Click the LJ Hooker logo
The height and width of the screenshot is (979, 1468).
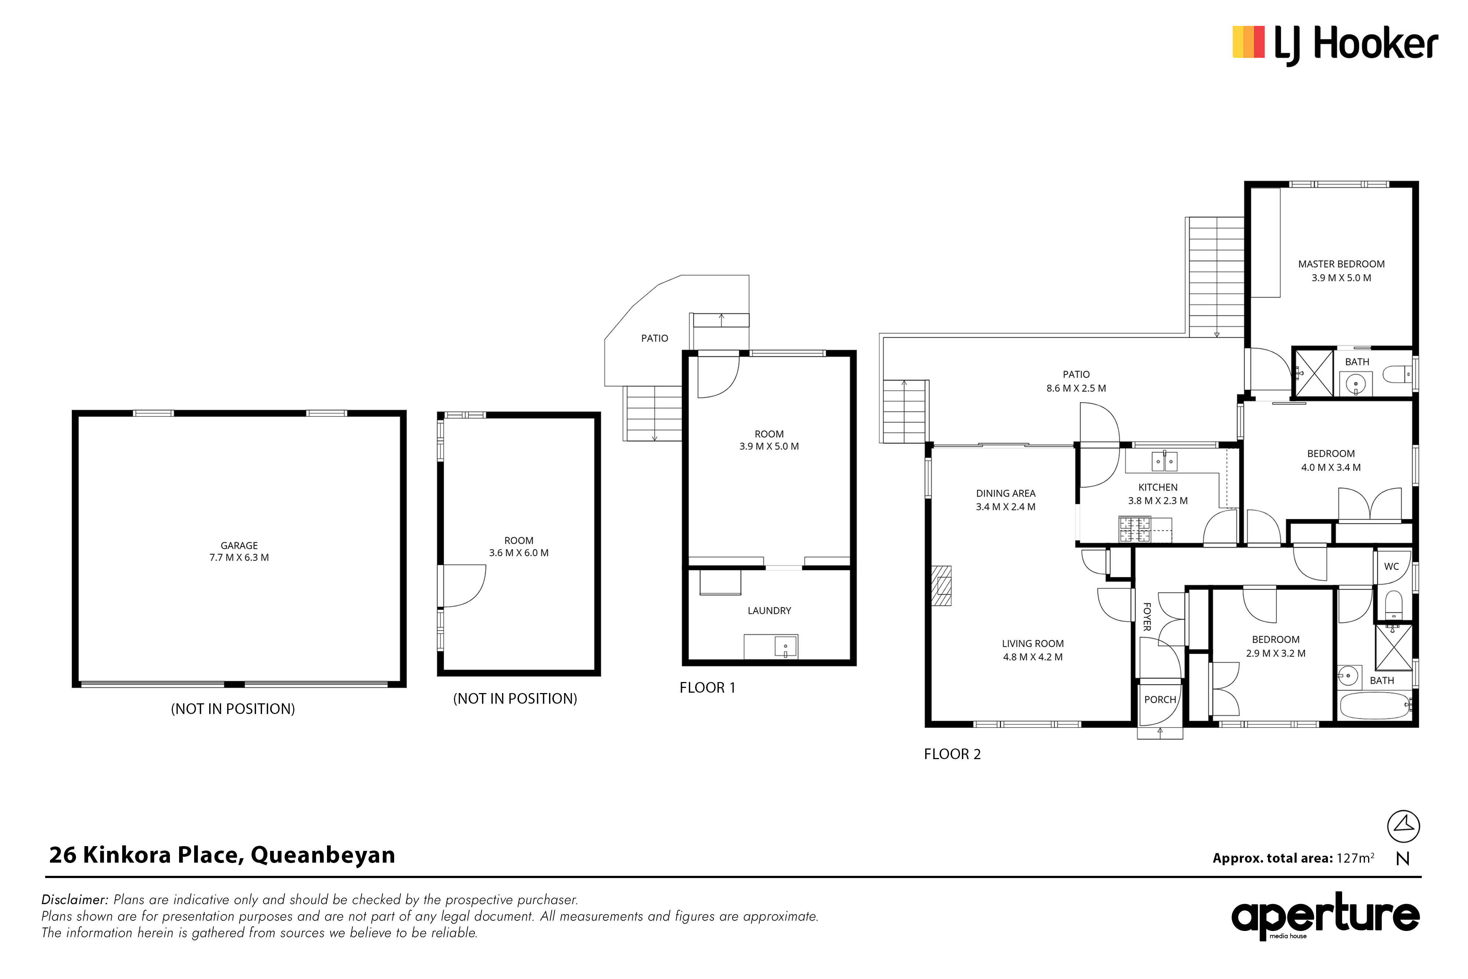tap(1335, 44)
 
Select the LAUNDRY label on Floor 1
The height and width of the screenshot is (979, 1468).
tap(769, 610)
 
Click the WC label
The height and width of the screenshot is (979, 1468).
tap(1391, 566)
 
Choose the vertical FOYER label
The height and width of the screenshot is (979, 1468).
tap(1147, 617)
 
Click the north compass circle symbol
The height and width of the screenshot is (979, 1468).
tap(1403, 827)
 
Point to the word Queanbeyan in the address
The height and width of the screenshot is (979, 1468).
tap(323, 855)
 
